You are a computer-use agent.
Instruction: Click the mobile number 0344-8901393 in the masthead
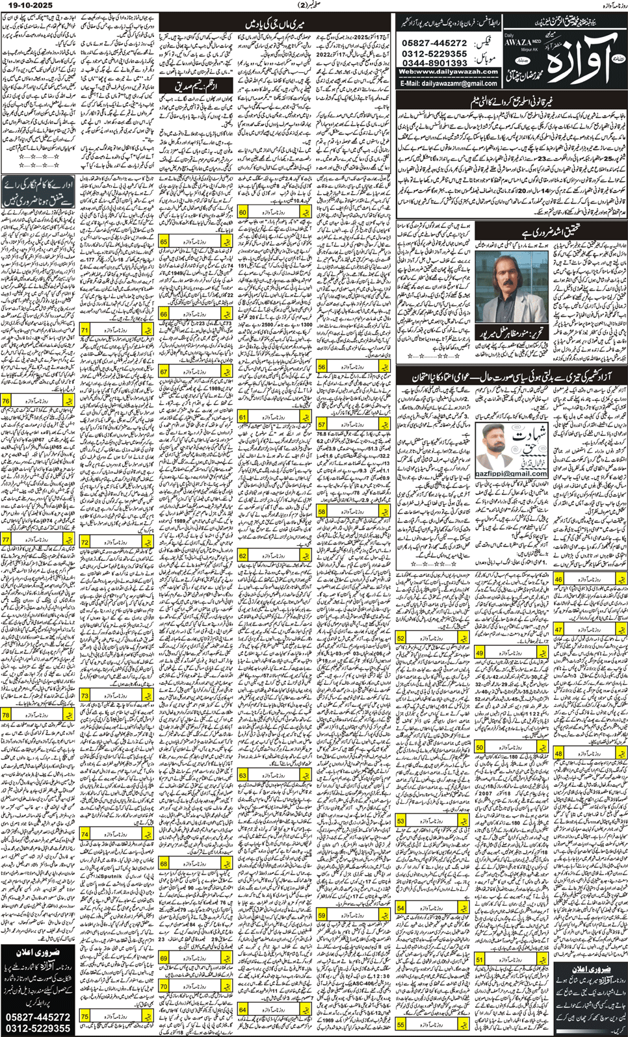[434, 63]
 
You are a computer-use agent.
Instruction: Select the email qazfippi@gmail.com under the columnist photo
[512, 473]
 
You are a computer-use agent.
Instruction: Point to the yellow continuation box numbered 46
[559, 579]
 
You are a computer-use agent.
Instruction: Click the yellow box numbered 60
[243, 212]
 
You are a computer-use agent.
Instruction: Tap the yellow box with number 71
[85, 330]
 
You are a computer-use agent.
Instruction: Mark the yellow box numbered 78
[6, 715]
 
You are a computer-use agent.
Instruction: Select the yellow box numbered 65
[164, 242]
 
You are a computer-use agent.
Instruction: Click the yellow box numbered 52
[401, 638]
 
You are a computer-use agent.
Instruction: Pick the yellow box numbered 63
[243, 775]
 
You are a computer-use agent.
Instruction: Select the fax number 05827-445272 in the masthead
[434, 43]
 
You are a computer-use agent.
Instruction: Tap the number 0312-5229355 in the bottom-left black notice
[38, 1028]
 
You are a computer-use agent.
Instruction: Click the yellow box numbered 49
[480, 652]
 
